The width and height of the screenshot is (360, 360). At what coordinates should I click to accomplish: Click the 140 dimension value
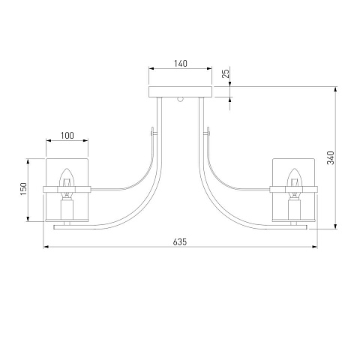(x=181, y=64)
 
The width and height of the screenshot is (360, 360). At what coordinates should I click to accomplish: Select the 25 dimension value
(x=226, y=73)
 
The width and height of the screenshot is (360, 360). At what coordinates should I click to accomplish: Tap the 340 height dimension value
(x=331, y=157)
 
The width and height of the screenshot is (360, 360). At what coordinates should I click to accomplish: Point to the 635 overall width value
(x=180, y=242)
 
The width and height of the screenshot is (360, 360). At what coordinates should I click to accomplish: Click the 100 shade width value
(x=67, y=136)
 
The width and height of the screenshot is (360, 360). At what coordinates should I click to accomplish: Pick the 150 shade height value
(x=23, y=189)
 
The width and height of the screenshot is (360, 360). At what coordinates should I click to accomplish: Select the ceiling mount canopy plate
(x=180, y=91)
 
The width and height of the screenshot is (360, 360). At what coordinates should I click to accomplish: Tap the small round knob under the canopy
(x=180, y=99)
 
